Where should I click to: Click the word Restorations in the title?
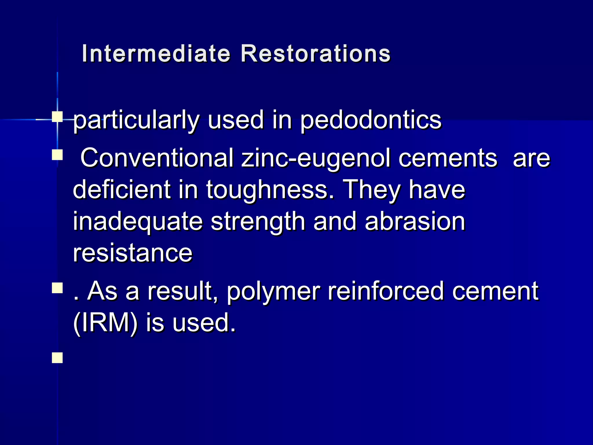pyautogui.click(x=315, y=54)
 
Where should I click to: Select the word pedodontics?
pyautogui.click(x=370, y=120)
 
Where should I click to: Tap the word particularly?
pyautogui.click(x=136, y=120)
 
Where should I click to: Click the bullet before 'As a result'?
pyautogui.click(x=57, y=288)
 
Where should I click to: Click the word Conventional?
pyautogui.click(x=157, y=158)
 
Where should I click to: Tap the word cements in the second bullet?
pyautogui.click(x=448, y=158)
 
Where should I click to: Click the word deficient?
pyautogui.click(x=122, y=190)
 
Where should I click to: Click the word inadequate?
pyautogui.click(x=138, y=222)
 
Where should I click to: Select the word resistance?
pyautogui.click(x=133, y=253)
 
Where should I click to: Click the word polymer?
pyautogui.click(x=273, y=291)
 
